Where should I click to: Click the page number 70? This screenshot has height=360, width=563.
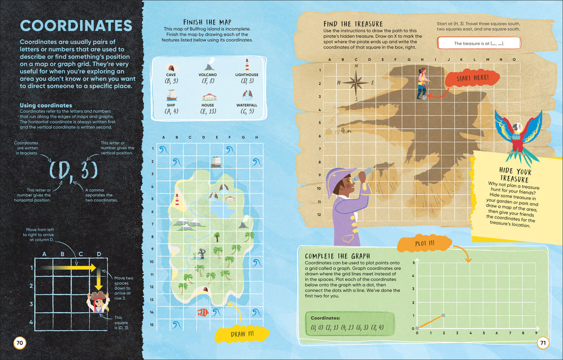19,344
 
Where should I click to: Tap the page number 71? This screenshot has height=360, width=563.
543,344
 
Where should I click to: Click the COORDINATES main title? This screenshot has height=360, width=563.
76,26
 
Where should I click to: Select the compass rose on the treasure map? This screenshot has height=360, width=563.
357,82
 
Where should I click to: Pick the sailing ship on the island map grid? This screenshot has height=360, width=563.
216,162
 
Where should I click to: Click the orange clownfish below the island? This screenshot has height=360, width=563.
203,312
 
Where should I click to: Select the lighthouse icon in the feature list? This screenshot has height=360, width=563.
247,64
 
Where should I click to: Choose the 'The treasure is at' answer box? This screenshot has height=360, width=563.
478,43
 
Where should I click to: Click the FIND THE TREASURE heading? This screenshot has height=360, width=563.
353,24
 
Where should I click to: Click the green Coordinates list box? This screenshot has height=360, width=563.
350,324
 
